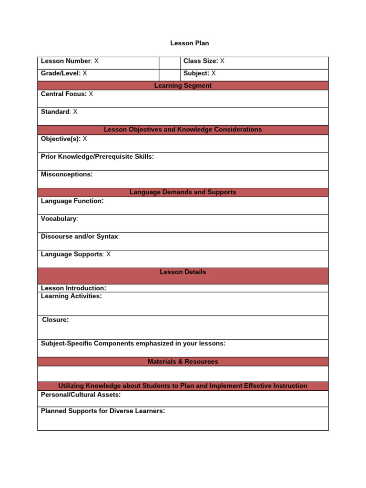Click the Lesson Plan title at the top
tap(190, 43)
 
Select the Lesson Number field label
tap(66, 61)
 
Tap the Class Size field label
tap(200, 61)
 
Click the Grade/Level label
tap(61, 73)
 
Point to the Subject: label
tap(196, 73)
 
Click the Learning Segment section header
tap(183, 86)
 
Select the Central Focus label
tap(63, 94)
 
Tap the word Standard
tap(55, 112)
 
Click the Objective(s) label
tap(61, 139)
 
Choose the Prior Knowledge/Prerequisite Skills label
tap(97, 156)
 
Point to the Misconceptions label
tap(67, 174)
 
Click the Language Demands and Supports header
tap(183, 192)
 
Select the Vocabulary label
tap(59, 219)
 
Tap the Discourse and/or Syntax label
tap(80, 236)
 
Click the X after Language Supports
tap(109, 254)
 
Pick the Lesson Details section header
tap(183, 272)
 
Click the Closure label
tap(55, 320)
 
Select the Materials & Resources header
tap(183, 362)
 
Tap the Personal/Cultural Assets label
tap(81, 395)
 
